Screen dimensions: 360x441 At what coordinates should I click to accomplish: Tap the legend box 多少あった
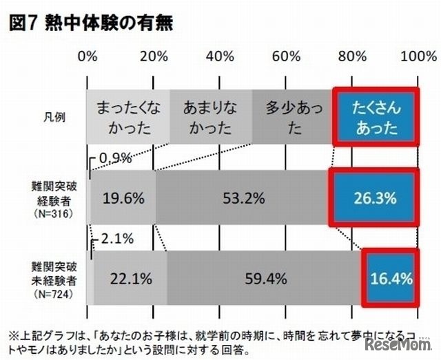(x=292, y=117)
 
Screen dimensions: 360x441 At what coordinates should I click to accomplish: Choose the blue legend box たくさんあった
(x=376, y=117)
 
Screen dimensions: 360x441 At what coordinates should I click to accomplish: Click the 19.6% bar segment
(x=123, y=198)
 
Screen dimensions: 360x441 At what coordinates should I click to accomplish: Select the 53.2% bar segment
(x=243, y=198)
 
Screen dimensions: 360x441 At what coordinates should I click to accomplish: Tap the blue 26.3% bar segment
(x=375, y=198)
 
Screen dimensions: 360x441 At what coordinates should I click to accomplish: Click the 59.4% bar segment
(x=264, y=279)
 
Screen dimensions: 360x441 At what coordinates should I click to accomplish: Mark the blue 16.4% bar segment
(x=390, y=279)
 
